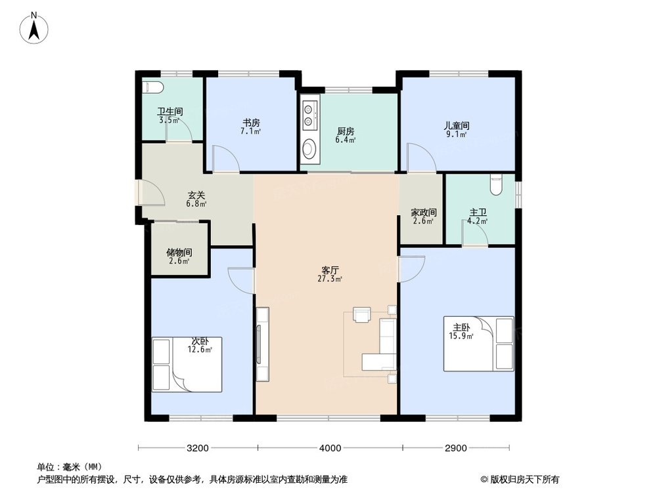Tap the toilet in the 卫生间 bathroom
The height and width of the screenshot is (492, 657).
pos(151,87)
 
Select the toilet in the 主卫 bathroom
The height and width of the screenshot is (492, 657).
pos(497,185)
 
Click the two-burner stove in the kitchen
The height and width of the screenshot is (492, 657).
pos(309,113)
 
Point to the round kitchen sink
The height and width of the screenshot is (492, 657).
pos(309,150)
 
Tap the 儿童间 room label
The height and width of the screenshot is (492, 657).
pos(456,125)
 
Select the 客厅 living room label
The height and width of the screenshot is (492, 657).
pos(330,270)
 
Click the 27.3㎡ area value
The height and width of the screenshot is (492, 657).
pos(330,279)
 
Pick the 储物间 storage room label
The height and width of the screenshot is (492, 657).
pos(179,252)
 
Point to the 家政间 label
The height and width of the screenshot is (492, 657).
pos(424,213)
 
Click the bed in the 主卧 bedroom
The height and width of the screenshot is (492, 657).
pos(479,343)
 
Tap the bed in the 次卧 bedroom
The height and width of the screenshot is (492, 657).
pos(187,365)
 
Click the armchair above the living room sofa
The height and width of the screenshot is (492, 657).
pos(361,314)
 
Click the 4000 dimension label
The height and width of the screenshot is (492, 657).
pos(330,449)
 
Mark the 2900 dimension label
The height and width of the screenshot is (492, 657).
pos(455,449)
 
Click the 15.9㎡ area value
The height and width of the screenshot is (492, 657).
pos(457,337)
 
